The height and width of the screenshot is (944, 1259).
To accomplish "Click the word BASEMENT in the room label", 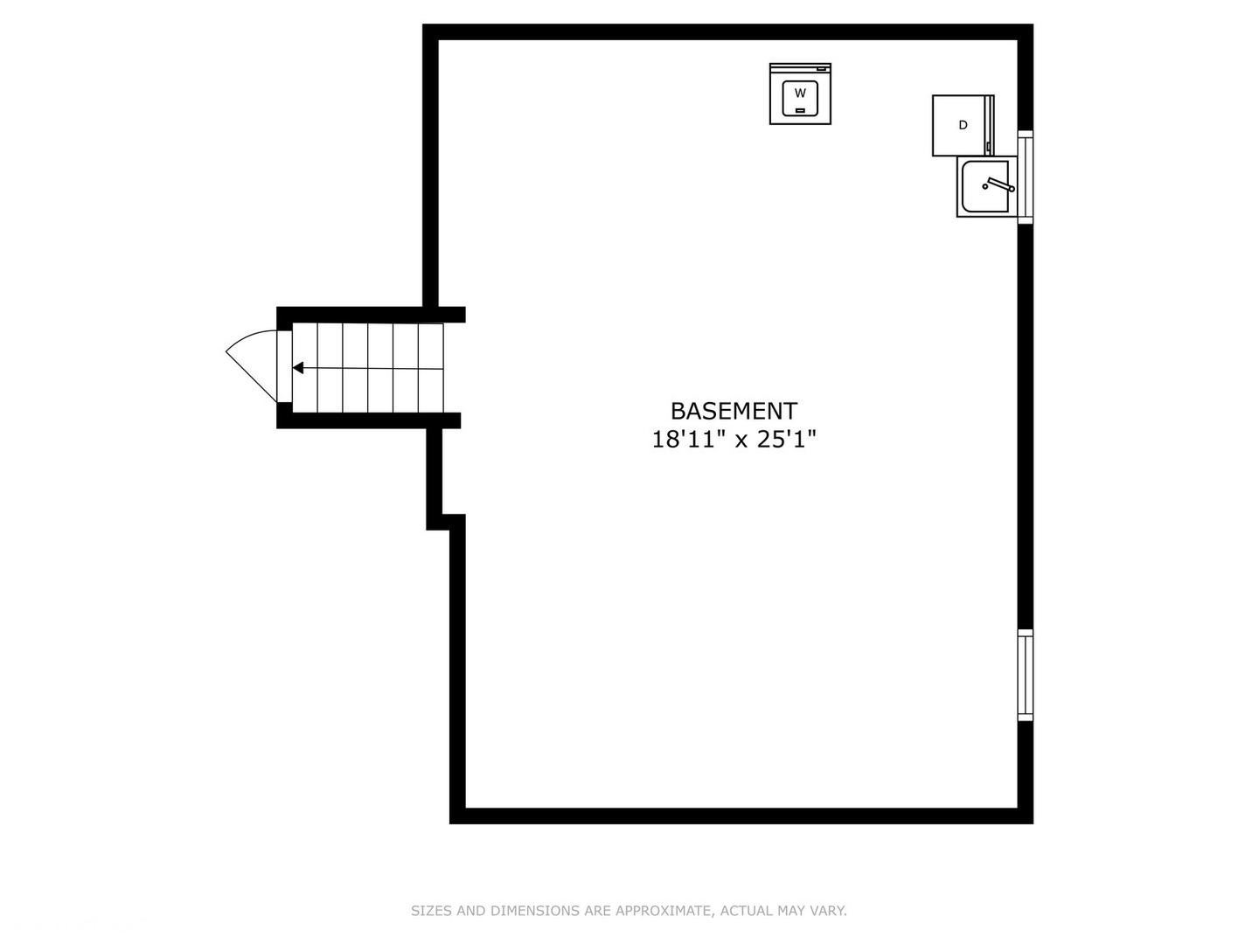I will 734,411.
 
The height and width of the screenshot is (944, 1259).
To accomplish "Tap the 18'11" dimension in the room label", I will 689,440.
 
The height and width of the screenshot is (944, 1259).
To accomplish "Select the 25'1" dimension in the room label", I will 786,440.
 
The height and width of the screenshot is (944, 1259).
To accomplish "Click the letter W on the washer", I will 800,92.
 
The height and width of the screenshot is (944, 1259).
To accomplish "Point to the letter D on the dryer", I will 963,125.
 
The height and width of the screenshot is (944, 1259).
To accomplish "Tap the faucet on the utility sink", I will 998,184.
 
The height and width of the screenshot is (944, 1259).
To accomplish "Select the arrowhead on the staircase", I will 298,368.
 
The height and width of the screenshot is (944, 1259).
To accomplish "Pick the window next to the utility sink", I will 1026,177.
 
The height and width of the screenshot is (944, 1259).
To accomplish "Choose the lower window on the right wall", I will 1026,675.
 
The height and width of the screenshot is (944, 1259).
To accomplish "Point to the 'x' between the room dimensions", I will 741,441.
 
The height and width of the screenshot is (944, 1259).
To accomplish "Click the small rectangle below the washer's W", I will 800,110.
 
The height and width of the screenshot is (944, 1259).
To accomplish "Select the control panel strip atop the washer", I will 800,68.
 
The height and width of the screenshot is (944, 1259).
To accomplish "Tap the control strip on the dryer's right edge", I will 990,125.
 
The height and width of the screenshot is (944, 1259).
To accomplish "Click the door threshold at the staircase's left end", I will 284,367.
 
